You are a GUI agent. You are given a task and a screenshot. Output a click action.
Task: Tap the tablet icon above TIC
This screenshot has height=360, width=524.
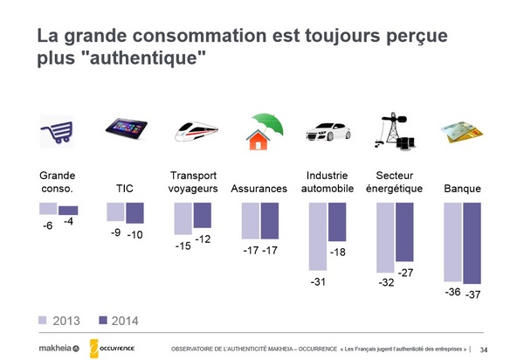(x=125, y=129)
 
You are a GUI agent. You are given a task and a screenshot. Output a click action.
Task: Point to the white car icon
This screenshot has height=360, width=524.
(x=327, y=132)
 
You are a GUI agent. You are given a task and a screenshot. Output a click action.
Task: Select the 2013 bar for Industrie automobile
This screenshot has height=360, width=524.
(x=318, y=236)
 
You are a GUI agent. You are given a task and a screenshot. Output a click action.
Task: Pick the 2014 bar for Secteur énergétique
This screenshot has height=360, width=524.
(x=404, y=232)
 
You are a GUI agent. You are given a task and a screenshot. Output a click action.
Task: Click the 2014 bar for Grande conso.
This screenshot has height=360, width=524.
(x=68, y=210)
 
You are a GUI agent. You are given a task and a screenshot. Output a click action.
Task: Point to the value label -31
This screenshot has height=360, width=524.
(x=318, y=281)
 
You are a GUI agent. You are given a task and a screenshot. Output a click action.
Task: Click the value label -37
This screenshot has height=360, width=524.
(x=473, y=295)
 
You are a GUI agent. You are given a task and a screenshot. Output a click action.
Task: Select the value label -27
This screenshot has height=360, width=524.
(x=405, y=273)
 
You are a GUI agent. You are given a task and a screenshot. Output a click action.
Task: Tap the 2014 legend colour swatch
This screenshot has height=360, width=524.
(x=103, y=321)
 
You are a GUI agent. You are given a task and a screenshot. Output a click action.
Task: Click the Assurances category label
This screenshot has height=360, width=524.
(x=259, y=189)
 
